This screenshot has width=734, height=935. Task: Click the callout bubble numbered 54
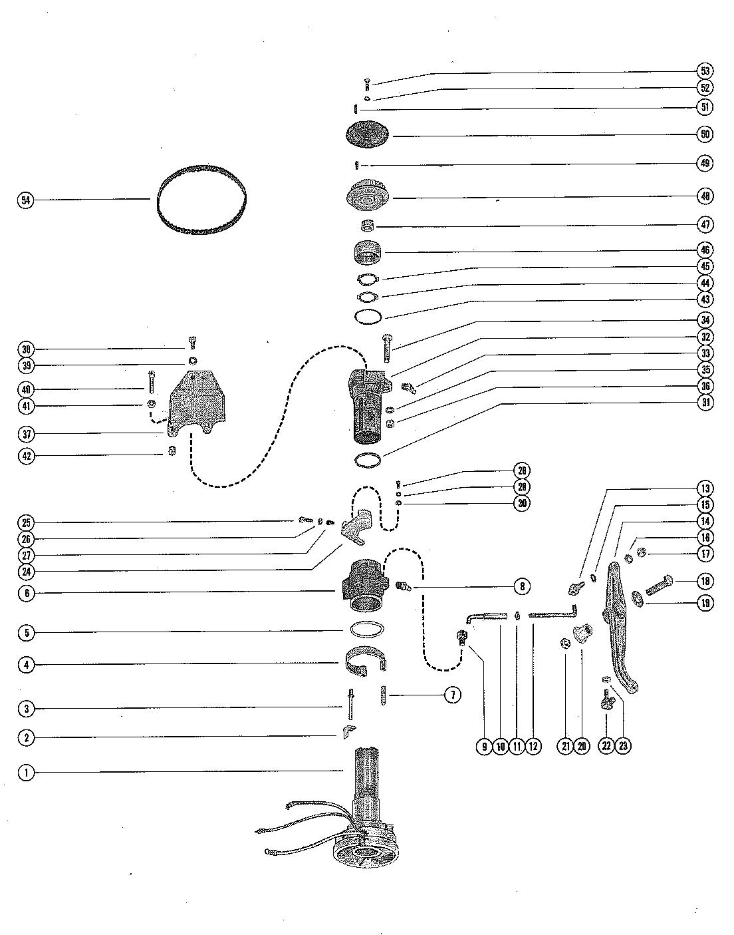tap(25, 200)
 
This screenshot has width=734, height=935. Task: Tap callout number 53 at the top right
tap(705, 71)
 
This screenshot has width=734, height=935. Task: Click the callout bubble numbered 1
tap(25, 773)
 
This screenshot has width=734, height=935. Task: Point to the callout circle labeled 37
tap(25, 434)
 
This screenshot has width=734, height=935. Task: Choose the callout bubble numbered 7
tap(451, 695)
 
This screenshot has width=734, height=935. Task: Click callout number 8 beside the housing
tap(522, 586)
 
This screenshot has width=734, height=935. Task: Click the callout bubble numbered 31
tap(705, 402)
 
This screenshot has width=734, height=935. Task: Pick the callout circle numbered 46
tap(705, 250)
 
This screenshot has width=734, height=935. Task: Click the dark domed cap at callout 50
tap(366, 135)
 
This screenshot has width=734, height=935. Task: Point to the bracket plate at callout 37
tap(197, 403)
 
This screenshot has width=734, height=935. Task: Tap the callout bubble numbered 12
tap(533, 746)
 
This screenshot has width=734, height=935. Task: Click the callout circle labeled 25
tap(25, 522)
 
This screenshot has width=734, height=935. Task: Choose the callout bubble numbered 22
tap(606, 746)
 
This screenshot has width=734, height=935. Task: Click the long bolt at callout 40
tap(152, 383)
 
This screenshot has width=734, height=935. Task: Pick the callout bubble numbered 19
tap(705, 603)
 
